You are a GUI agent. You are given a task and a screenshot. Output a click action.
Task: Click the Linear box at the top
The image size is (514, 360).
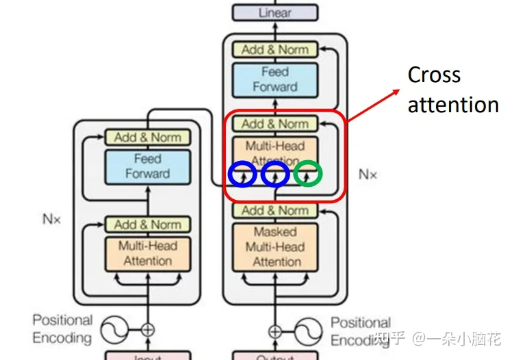(x=275, y=12)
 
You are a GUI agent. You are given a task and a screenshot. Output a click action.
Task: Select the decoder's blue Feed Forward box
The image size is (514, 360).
(x=275, y=79)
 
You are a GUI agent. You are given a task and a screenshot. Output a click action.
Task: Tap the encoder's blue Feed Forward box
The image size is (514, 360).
(x=147, y=166)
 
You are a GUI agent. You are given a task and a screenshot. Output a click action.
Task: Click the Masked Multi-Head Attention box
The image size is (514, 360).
(x=275, y=246)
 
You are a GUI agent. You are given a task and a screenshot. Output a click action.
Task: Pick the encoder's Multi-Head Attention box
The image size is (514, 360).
(x=147, y=253)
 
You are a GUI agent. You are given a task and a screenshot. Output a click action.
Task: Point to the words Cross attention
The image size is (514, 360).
(x=452, y=90)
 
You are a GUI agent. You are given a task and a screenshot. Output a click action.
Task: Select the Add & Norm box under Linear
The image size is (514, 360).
(x=275, y=49)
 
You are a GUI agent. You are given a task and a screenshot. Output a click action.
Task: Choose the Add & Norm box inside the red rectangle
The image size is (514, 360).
(x=275, y=124)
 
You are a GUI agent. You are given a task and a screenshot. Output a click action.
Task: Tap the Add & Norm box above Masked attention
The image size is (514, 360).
(x=275, y=210)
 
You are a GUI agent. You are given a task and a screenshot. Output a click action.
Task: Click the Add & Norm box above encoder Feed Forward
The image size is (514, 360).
(x=147, y=137)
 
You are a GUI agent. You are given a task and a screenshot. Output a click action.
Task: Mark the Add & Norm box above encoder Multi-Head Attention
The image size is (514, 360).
(x=147, y=224)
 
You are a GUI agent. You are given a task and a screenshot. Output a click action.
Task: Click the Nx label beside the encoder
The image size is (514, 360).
(x=51, y=219)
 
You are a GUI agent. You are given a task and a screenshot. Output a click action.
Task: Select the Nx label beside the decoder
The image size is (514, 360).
(x=368, y=175)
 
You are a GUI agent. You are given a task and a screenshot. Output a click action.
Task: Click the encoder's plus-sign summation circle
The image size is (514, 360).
(x=147, y=330)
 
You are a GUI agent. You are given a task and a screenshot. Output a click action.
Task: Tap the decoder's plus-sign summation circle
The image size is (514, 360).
(x=275, y=331)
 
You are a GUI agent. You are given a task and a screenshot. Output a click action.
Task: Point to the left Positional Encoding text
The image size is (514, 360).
(x=62, y=329)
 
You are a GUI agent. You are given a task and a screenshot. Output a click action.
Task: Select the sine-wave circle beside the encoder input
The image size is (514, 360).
(x=114, y=331)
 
